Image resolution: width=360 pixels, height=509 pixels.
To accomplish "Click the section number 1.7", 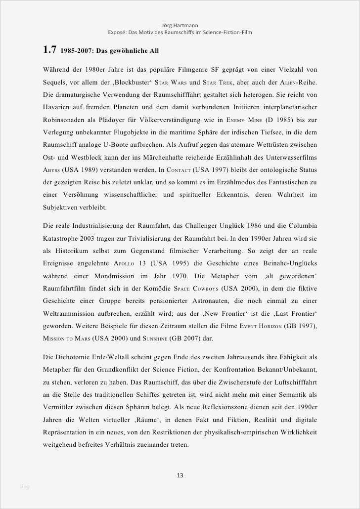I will tap(49, 50).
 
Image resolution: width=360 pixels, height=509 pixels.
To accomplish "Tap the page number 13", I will tap(180, 475).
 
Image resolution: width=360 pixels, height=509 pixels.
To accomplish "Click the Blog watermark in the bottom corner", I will tap(24, 487).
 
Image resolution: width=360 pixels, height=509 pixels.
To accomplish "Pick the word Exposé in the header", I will tap(118, 32).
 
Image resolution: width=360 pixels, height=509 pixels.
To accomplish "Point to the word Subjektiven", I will tap(64, 207).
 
